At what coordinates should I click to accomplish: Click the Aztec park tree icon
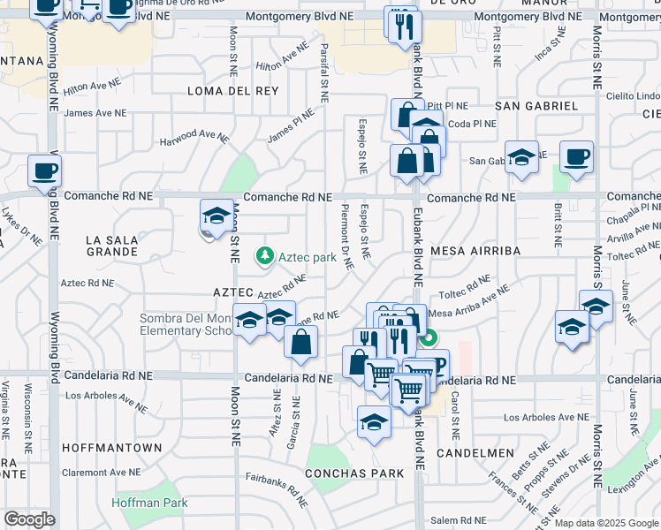coord(263,257)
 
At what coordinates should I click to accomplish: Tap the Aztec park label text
coord(308,258)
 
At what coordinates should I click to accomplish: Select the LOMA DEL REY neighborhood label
coord(221,91)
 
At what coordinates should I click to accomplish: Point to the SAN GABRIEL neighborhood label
coord(536,106)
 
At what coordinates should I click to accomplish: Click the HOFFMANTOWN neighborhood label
coord(112,448)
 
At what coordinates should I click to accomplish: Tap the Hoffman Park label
coord(150,503)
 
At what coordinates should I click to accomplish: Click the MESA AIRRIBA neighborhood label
coord(475,251)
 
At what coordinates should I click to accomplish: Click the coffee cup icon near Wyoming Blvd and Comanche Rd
coord(44,171)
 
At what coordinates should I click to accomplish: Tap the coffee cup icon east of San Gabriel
coord(576,157)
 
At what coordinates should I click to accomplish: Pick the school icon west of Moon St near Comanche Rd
coord(215,216)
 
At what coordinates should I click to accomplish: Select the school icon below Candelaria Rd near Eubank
coord(374,421)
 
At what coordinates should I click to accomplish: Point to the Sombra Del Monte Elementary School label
coord(186,325)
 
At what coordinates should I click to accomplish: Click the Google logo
coord(29,519)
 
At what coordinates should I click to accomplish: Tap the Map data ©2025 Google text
coord(606,523)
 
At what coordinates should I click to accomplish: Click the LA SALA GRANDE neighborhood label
coord(112,246)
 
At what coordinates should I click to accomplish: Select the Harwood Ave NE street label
coord(194,138)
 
